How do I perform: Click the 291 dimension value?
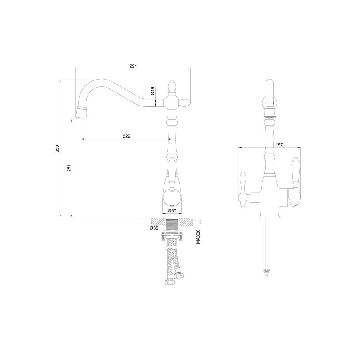pos(133,66)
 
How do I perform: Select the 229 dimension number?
pos(126,136)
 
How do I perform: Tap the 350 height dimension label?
pos(57,148)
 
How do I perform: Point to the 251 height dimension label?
pos(69,168)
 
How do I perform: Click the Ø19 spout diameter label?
pos(152,91)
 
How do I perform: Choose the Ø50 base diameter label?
pos(172,210)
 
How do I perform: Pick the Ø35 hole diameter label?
pos(154,228)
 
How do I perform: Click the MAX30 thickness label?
pos(198,237)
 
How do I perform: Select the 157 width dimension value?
pos(279,145)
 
